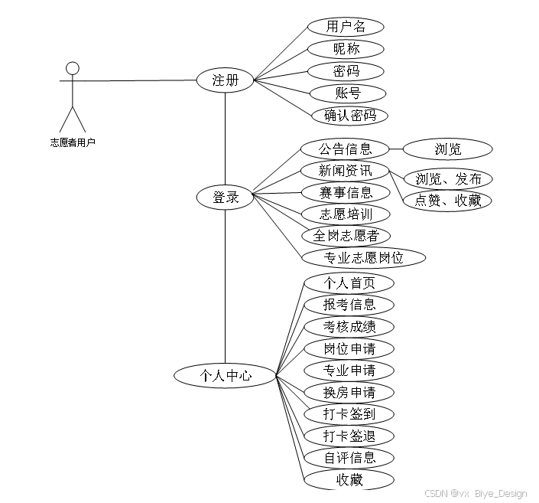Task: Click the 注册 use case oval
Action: pyautogui.click(x=225, y=80)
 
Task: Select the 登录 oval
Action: pyautogui.click(x=225, y=198)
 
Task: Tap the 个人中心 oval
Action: pyautogui.click(x=225, y=376)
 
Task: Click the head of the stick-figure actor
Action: pyautogui.click(x=73, y=69)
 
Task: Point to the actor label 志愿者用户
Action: pyautogui.click(x=73, y=142)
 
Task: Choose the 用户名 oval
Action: pyautogui.click(x=346, y=27)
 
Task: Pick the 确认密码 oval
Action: pyautogui.click(x=350, y=116)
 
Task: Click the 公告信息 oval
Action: pyautogui.click(x=346, y=149)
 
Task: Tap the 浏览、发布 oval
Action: pyautogui.click(x=448, y=179)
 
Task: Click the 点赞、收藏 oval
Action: pyautogui.click(x=448, y=200)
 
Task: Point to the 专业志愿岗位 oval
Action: pyautogui.click(x=363, y=258)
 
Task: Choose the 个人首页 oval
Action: pyautogui.click(x=349, y=283)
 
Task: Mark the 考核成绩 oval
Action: pyautogui.click(x=349, y=327)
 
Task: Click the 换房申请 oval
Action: pyautogui.click(x=349, y=393)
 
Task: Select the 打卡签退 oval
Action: pyautogui.click(x=349, y=436)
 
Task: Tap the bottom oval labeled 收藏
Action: pyautogui.click(x=349, y=480)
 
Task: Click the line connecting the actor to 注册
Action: pyautogui.click(x=138, y=80)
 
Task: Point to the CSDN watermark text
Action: pyautogui.click(x=475, y=494)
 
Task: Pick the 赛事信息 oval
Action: pyautogui.click(x=346, y=192)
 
